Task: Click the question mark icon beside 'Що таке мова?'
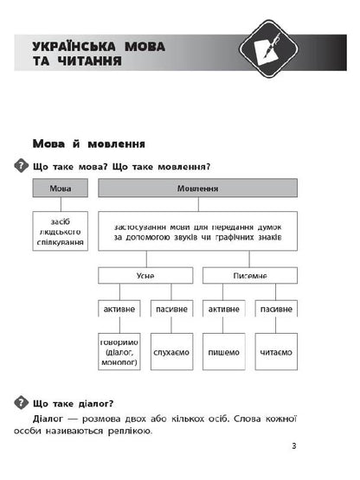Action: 20,166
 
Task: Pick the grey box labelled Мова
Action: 61,188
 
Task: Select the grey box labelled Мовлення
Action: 197,188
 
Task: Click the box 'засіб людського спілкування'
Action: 61,233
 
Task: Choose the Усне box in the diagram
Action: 144,275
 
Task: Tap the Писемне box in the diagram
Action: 249,275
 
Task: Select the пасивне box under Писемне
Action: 275,309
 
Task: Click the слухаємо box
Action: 170,353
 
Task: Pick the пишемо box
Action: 223,353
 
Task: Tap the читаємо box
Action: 275,353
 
